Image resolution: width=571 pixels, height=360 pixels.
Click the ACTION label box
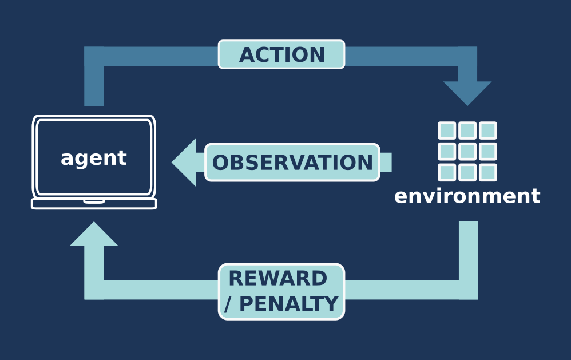pyautogui.click(x=281, y=54)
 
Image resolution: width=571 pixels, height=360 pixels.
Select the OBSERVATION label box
pyautogui.click(x=292, y=162)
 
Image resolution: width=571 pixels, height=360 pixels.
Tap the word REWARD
pyautogui.click(x=278, y=278)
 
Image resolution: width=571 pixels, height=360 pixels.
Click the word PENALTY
pyautogui.click(x=289, y=303)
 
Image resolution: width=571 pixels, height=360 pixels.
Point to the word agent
pyautogui.click(x=94, y=158)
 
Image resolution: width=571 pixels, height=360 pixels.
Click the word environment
pyautogui.click(x=467, y=196)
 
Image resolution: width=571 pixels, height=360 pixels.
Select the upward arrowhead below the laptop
pyautogui.click(x=94, y=234)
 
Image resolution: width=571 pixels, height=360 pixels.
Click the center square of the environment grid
pyautogui.click(x=467, y=151)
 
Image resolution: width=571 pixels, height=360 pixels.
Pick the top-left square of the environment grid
pyautogui.click(x=447, y=130)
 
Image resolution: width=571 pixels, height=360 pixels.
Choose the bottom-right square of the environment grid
pyautogui.click(x=488, y=172)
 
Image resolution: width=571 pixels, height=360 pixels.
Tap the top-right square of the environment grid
pyautogui.click(x=488, y=130)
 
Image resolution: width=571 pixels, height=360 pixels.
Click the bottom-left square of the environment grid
pyautogui.click(x=447, y=172)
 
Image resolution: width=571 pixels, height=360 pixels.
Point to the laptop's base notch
pyautogui.click(x=94, y=201)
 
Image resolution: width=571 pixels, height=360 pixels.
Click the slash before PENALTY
pyautogui.click(x=228, y=304)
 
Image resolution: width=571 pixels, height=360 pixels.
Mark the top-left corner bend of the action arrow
pyautogui.click(x=94, y=56)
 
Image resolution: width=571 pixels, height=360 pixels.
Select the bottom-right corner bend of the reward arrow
pyautogui.click(x=469, y=290)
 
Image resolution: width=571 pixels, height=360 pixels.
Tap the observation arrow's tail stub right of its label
pyautogui.click(x=386, y=162)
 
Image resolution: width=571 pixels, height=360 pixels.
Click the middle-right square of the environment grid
pyautogui.click(x=488, y=151)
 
